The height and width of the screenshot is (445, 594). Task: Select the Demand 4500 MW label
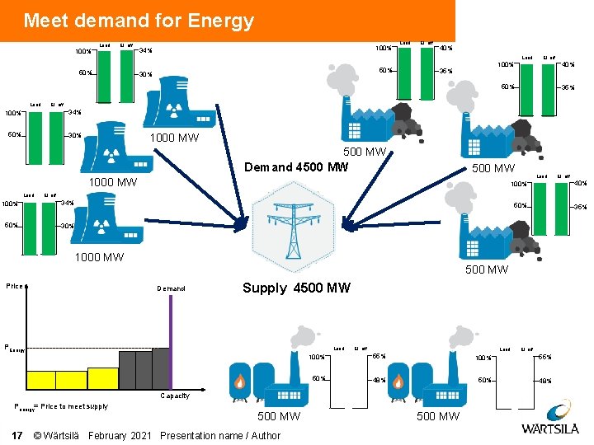click(297, 167)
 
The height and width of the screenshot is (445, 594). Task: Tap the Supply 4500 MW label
click(296, 288)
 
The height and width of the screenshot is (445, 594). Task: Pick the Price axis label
click(14, 286)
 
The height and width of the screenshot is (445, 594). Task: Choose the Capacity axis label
click(175, 396)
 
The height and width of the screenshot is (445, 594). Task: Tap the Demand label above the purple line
click(171, 288)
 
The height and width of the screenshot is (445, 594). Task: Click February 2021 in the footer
click(120, 435)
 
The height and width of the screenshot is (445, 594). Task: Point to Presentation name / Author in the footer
click(220, 435)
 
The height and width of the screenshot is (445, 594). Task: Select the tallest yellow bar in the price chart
click(102, 377)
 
